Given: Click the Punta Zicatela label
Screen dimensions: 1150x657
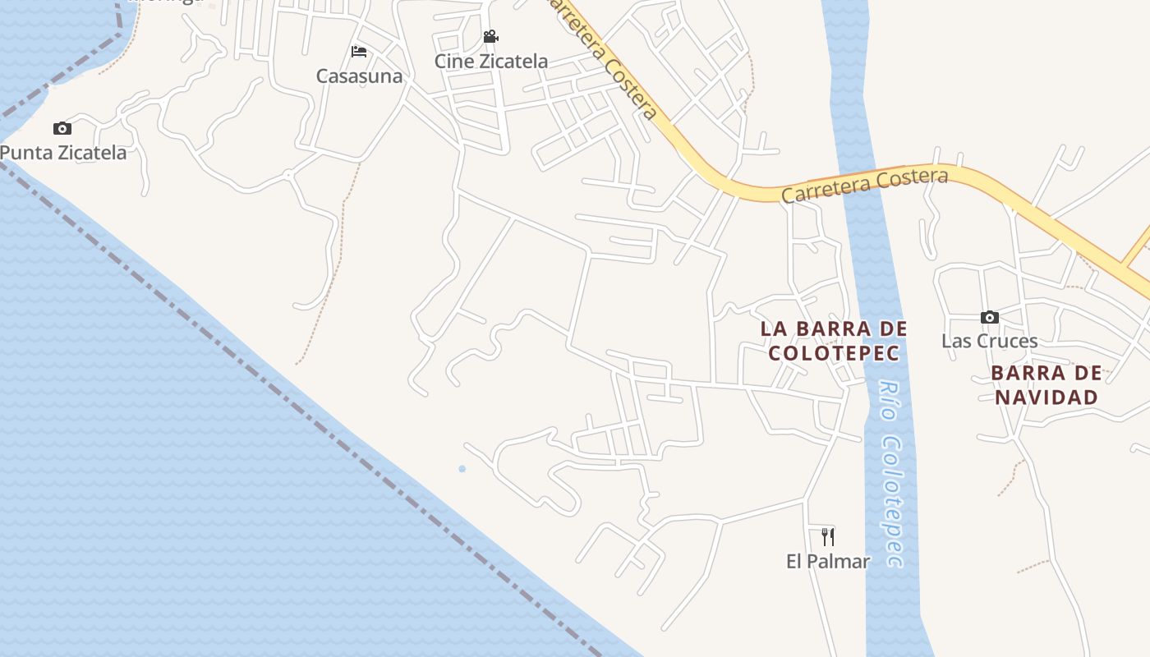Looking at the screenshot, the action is pos(64,153).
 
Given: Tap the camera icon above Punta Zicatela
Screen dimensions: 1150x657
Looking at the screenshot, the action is pos(62,128).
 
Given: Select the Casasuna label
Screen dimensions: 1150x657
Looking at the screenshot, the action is pos(360,76).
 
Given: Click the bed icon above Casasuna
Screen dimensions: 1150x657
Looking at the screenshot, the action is pos(359,52).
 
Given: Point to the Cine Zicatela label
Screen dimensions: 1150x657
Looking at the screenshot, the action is pos(491,62).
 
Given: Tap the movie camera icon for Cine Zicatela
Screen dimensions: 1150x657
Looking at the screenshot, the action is pos(491,37).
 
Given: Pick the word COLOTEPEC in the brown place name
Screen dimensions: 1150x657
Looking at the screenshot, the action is pos(834,353).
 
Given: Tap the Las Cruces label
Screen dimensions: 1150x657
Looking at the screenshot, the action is pos(990,341).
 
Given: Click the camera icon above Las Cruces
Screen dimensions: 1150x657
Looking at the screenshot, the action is pos(990,317).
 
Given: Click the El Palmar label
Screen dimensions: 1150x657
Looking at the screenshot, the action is pos(828,562).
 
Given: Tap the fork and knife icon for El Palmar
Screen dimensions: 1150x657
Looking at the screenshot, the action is pos(828,537).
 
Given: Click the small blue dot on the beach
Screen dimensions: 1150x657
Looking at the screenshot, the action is pos(462,469).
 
